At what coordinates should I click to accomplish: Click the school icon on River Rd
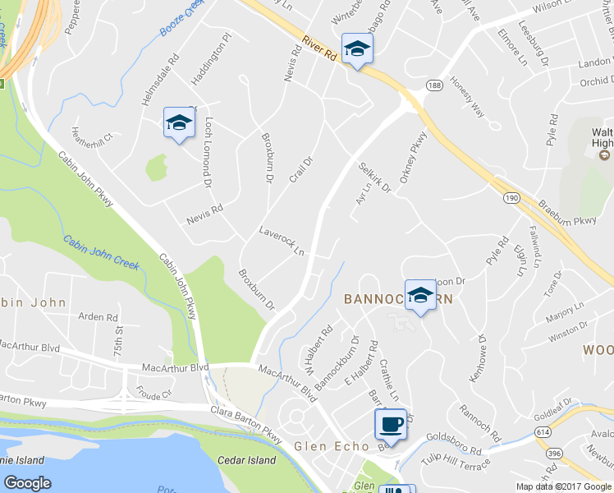tap(357, 50)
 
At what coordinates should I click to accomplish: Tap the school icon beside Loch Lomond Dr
tap(178, 123)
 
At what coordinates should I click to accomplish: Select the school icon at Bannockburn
tap(420, 295)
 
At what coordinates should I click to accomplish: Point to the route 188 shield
tap(434, 85)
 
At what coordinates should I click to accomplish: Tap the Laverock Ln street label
tap(282, 241)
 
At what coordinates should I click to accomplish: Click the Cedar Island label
tap(247, 460)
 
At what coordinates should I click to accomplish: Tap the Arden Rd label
tap(99, 316)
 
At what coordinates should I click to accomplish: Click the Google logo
tap(28, 483)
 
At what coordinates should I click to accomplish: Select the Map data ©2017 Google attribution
tap(563, 486)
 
